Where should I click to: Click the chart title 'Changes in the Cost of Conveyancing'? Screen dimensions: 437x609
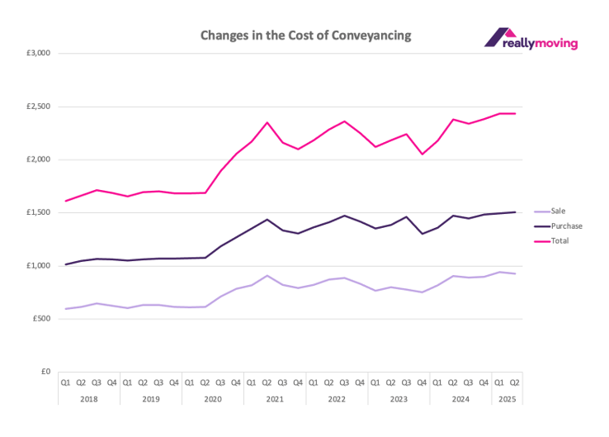pos(304,36)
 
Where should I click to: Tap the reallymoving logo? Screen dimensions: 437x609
pos(531,40)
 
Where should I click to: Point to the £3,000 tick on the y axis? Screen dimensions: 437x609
pos(38,54)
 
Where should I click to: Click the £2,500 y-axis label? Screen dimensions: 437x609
pos(38,107)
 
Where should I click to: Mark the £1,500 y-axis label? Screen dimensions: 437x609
pos(38,212)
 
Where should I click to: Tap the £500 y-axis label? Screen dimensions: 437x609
pos(41,318)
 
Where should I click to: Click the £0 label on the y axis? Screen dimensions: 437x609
pos(46,371)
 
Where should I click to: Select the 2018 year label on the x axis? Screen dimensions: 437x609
pos(88,397)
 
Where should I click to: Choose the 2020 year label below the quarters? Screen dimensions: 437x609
pos(212,397)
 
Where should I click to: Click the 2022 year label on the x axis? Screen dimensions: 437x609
pos(336,397)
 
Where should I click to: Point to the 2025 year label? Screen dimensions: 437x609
pos(507,397)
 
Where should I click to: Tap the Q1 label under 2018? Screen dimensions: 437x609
pos(65,382)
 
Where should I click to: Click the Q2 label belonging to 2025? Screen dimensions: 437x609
pos(515,382)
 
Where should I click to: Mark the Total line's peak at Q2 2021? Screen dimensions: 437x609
pos(267,122)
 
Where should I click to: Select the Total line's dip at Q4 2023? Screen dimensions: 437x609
pos(422,154)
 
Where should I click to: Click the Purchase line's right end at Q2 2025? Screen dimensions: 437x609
pos(515,212)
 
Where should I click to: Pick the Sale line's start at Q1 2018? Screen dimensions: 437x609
pos(65,309)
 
